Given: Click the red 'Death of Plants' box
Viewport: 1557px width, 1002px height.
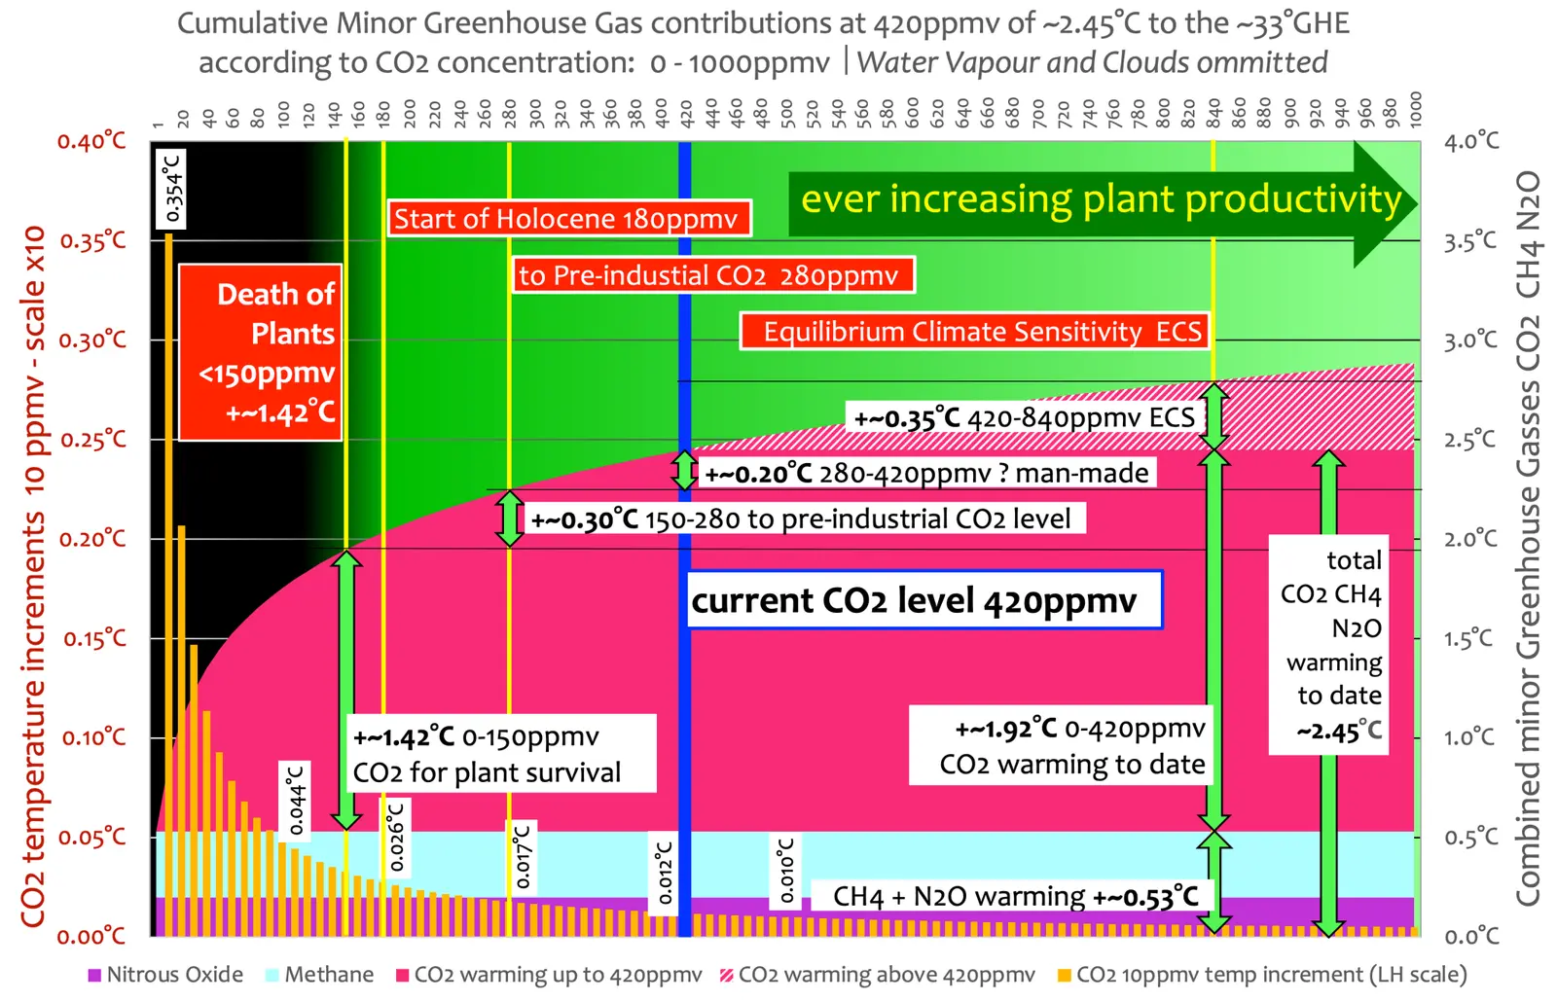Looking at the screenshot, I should pyautogui.click(x=261, y=351).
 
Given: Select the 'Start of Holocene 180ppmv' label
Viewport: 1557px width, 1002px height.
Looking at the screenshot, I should pyautogui.click(x=569, y=219).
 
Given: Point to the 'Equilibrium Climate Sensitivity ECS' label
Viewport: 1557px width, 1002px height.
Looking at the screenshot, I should pyautogui.click(x=974, y=332).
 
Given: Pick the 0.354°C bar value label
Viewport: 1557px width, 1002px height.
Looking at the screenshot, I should pyautogui.click(x=171, y=188).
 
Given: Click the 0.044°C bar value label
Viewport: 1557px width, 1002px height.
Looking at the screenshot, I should pyautogui.click(x=295, y=801).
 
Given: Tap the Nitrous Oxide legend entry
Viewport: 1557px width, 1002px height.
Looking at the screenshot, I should pyautogui.click(x=165, y=975).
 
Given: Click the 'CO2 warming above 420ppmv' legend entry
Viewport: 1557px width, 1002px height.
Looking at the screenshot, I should pyautogui.click(x=877, y=975).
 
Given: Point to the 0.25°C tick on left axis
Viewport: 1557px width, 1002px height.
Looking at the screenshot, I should pyautogui.click(x=93, y=440).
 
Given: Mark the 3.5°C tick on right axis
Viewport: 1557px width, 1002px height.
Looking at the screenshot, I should pyautogui.click(x=1470, y=241).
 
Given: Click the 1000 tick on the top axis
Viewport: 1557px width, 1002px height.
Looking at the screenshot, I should pyautogui.click(x=1415, y=109).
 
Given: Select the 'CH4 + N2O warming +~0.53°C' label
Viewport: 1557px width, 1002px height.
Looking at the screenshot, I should pyautogui.click(x=1015, y=896).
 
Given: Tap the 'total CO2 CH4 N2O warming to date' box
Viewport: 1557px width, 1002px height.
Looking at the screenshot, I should pyautogui.click(x=1329, y=645).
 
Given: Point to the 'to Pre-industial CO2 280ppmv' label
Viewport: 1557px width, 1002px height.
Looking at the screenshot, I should pyautogui.click(x=713, y=275).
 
